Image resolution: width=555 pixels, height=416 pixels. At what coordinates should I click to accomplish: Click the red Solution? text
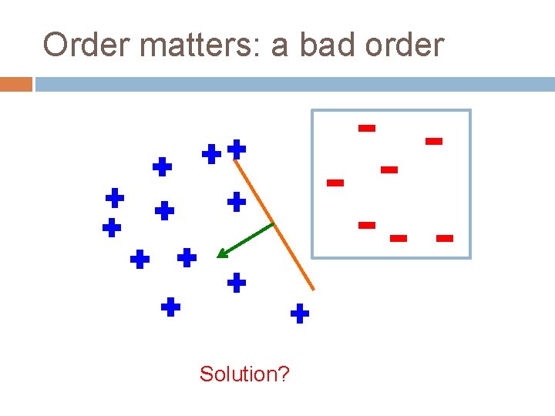[x=244, y=374]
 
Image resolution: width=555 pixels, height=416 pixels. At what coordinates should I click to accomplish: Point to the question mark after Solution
[x=284, y=374]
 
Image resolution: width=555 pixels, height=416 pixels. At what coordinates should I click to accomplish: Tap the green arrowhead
[x=222, y=253]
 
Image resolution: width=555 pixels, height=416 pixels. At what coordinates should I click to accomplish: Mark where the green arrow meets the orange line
[x=273, y=224]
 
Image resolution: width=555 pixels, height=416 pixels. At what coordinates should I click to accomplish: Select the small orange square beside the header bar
[x=15, y=84]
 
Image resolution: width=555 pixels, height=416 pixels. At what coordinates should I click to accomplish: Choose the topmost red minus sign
[x=367, y=128]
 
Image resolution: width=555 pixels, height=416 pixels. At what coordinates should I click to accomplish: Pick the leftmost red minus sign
[x=335, y=183]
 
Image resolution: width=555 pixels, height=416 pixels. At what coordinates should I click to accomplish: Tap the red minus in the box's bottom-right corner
[x=444, y=239]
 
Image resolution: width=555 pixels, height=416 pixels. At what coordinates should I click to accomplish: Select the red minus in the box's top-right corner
[x=434, y=141]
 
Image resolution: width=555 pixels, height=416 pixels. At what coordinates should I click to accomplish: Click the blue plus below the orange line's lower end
[x=300, y=313]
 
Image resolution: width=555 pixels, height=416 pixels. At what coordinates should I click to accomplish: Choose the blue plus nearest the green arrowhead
[x=187, y=257]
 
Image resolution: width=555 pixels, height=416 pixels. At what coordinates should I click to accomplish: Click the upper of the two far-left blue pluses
[x=115, y=197]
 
